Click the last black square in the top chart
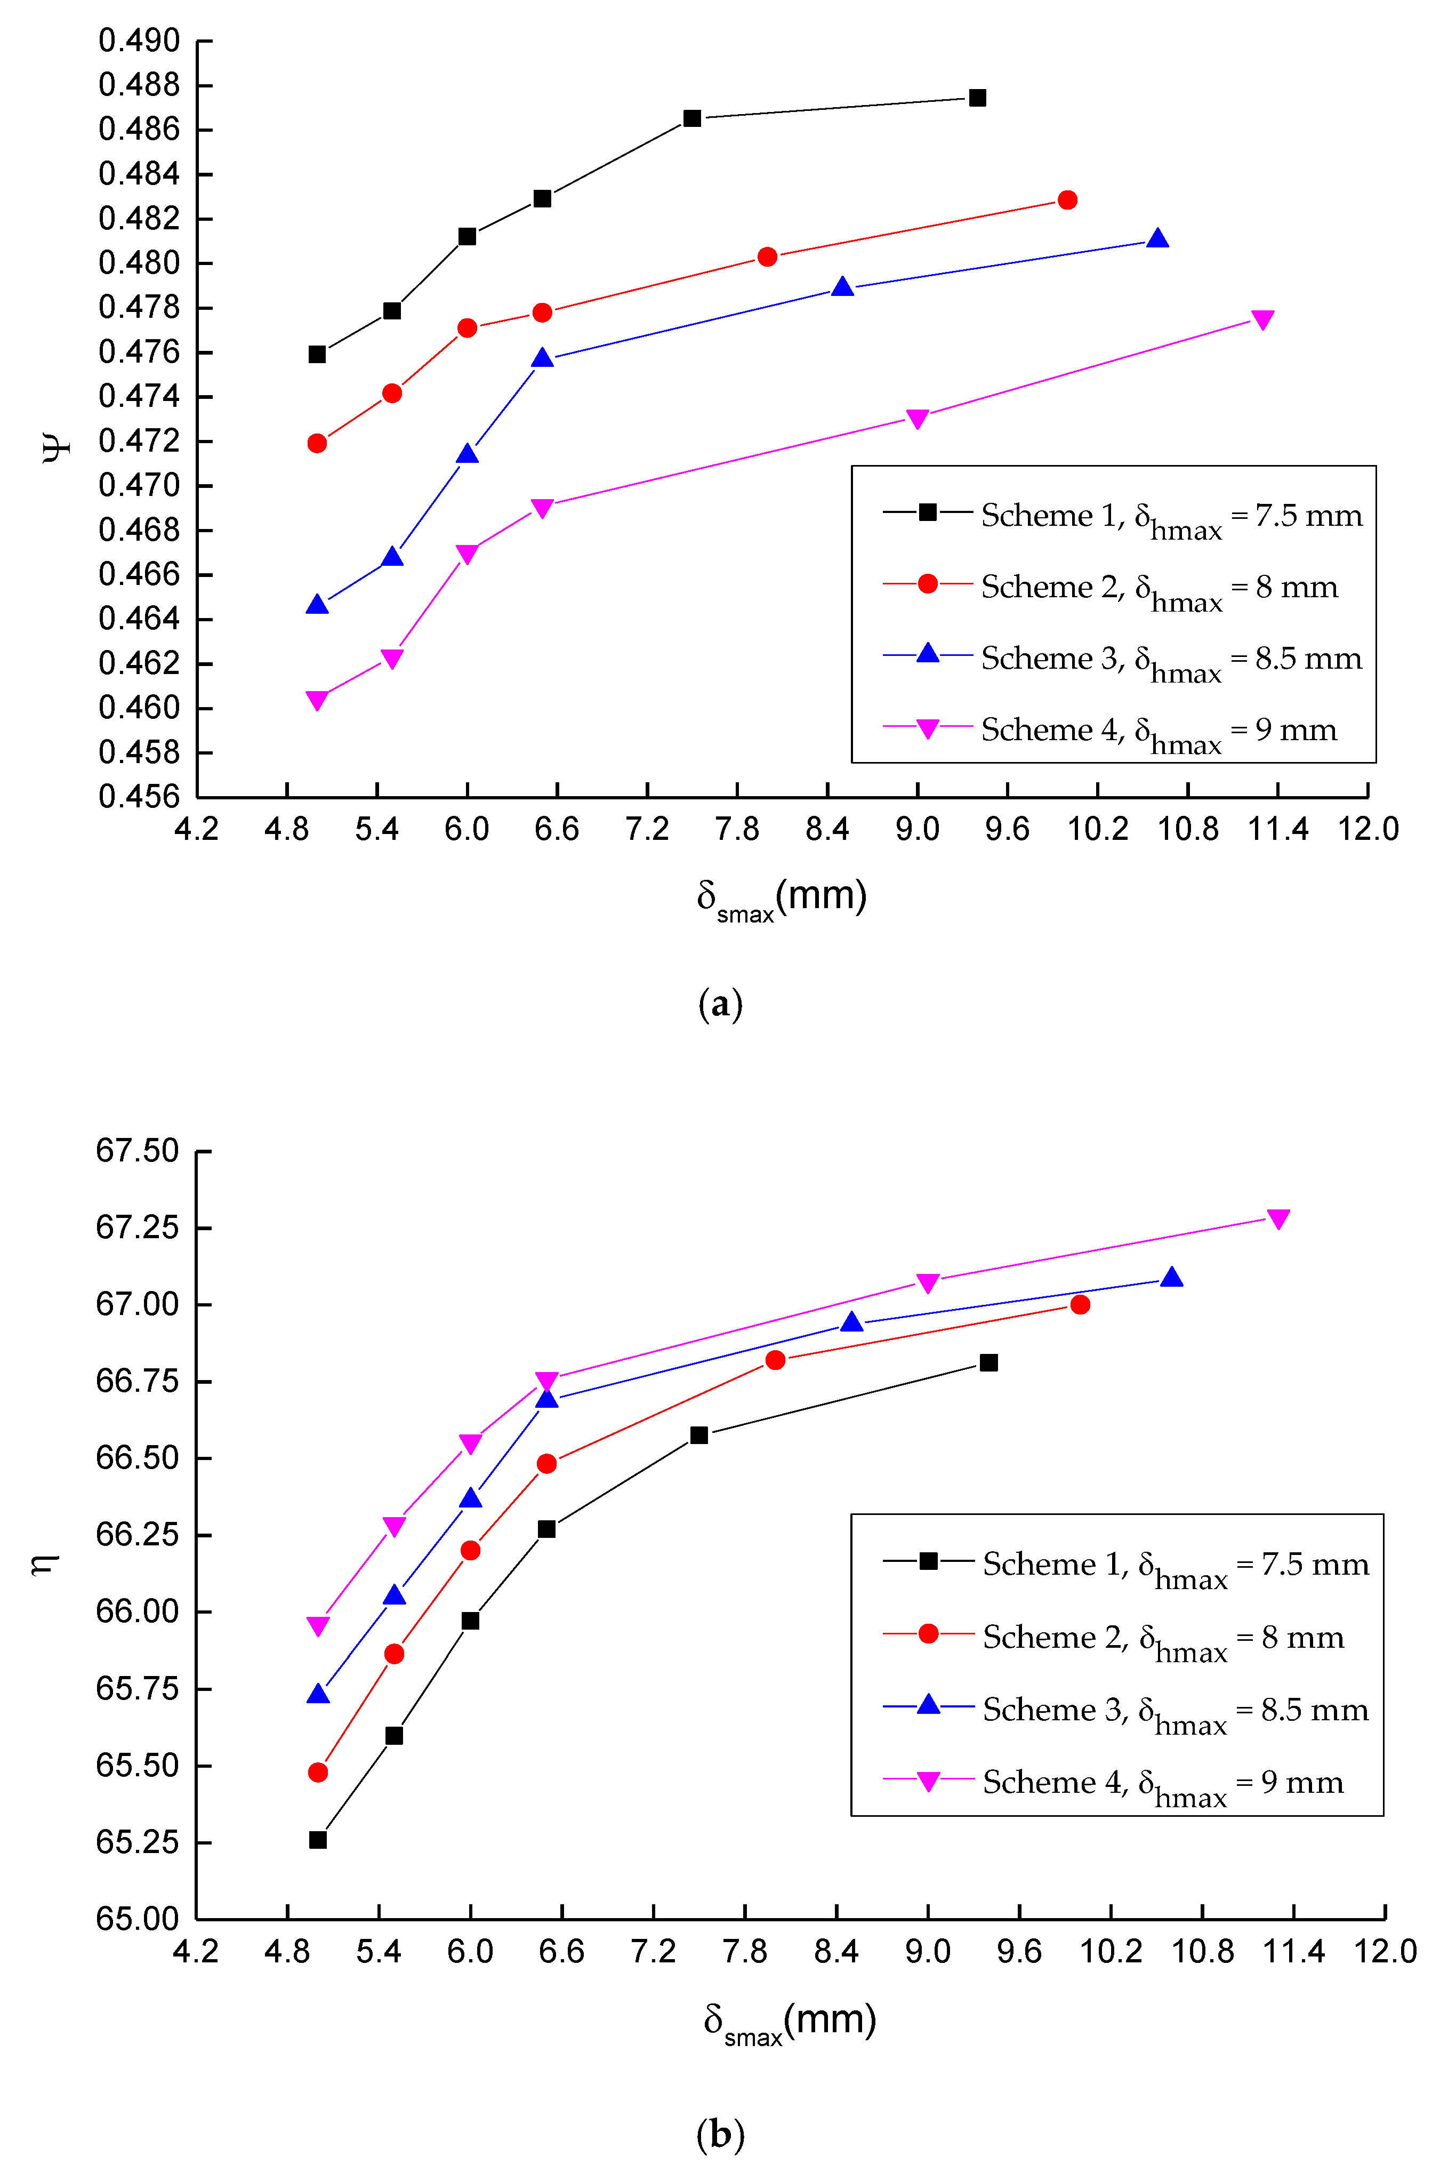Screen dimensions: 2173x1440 [977, 98]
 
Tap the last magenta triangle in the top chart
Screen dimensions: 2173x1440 [1263, 319]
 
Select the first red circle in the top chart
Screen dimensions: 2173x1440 [317, 444]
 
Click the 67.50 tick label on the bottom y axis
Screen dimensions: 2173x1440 [137, 1151]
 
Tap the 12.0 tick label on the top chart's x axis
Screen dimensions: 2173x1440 [1367, 829]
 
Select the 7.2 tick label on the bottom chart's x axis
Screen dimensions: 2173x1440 [653, 1951]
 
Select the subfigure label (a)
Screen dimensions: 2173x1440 [720, 1004]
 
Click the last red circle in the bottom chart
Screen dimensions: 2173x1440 [1080, 1304]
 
